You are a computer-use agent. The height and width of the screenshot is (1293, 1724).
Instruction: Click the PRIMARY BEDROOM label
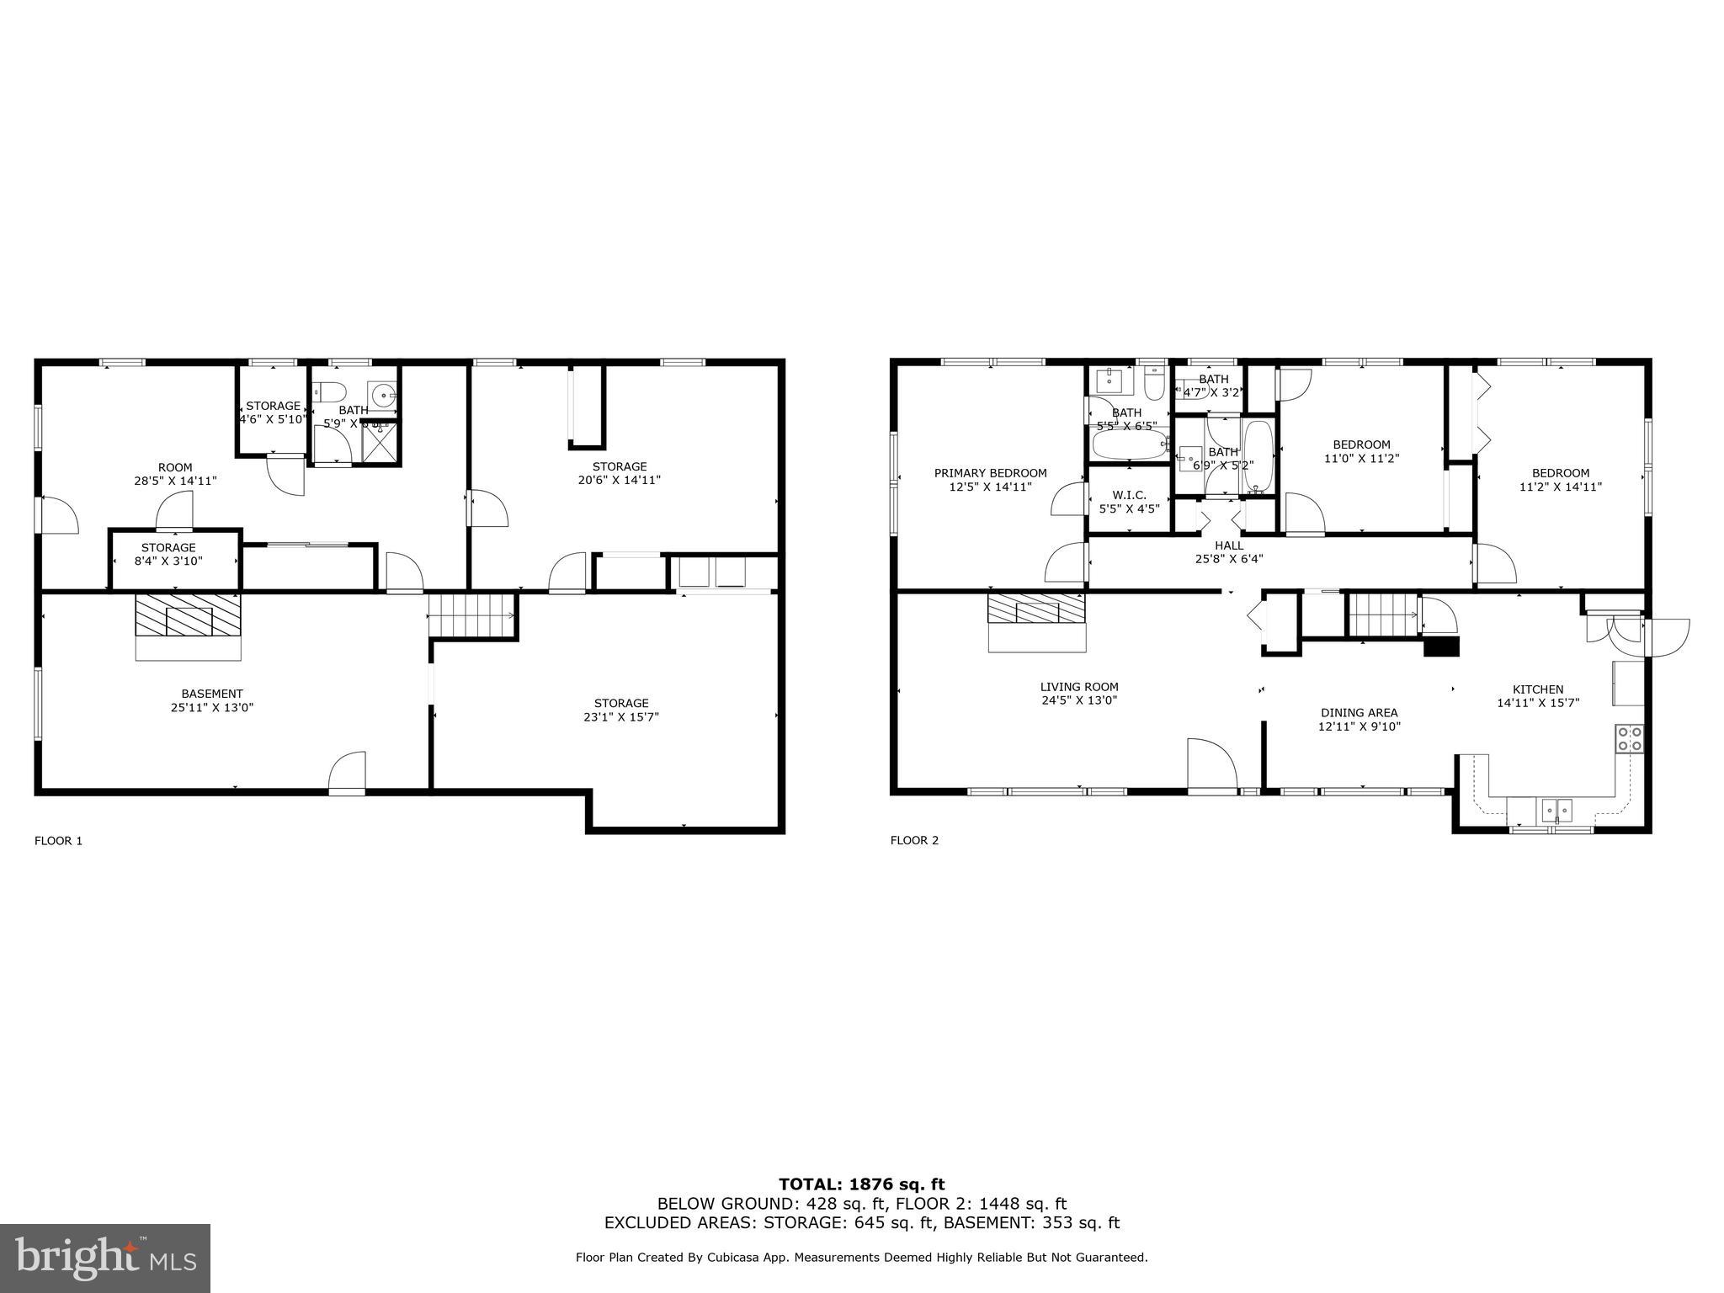coord(990,473)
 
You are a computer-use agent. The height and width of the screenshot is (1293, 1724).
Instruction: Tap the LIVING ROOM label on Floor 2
coord(1078,687)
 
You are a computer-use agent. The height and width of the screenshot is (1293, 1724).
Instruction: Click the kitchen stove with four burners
coord(1629,738)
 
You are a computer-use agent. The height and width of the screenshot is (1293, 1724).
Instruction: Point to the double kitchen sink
coord(1556,811)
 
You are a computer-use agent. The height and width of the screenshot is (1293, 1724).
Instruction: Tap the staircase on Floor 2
coord(1382,615)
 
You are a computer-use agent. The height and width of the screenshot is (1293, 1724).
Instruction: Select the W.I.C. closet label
coord(1129,495)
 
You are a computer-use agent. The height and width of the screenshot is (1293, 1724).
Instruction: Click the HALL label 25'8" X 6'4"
coord(1228,551)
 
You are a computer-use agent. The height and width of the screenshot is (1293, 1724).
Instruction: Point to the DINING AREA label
coord(1359,713)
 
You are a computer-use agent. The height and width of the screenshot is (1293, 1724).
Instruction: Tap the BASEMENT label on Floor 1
coord(212,694)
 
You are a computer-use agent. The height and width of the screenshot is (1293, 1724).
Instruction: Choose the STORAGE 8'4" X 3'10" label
coord(168,554)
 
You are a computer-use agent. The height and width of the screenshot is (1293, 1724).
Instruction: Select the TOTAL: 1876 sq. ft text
coord(861,1184)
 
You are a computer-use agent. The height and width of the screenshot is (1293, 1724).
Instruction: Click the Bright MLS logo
coord(105,1258)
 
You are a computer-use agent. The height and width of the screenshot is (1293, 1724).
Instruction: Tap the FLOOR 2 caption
coord(914,840)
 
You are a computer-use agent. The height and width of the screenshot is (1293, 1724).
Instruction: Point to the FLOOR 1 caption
coord(58,840)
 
